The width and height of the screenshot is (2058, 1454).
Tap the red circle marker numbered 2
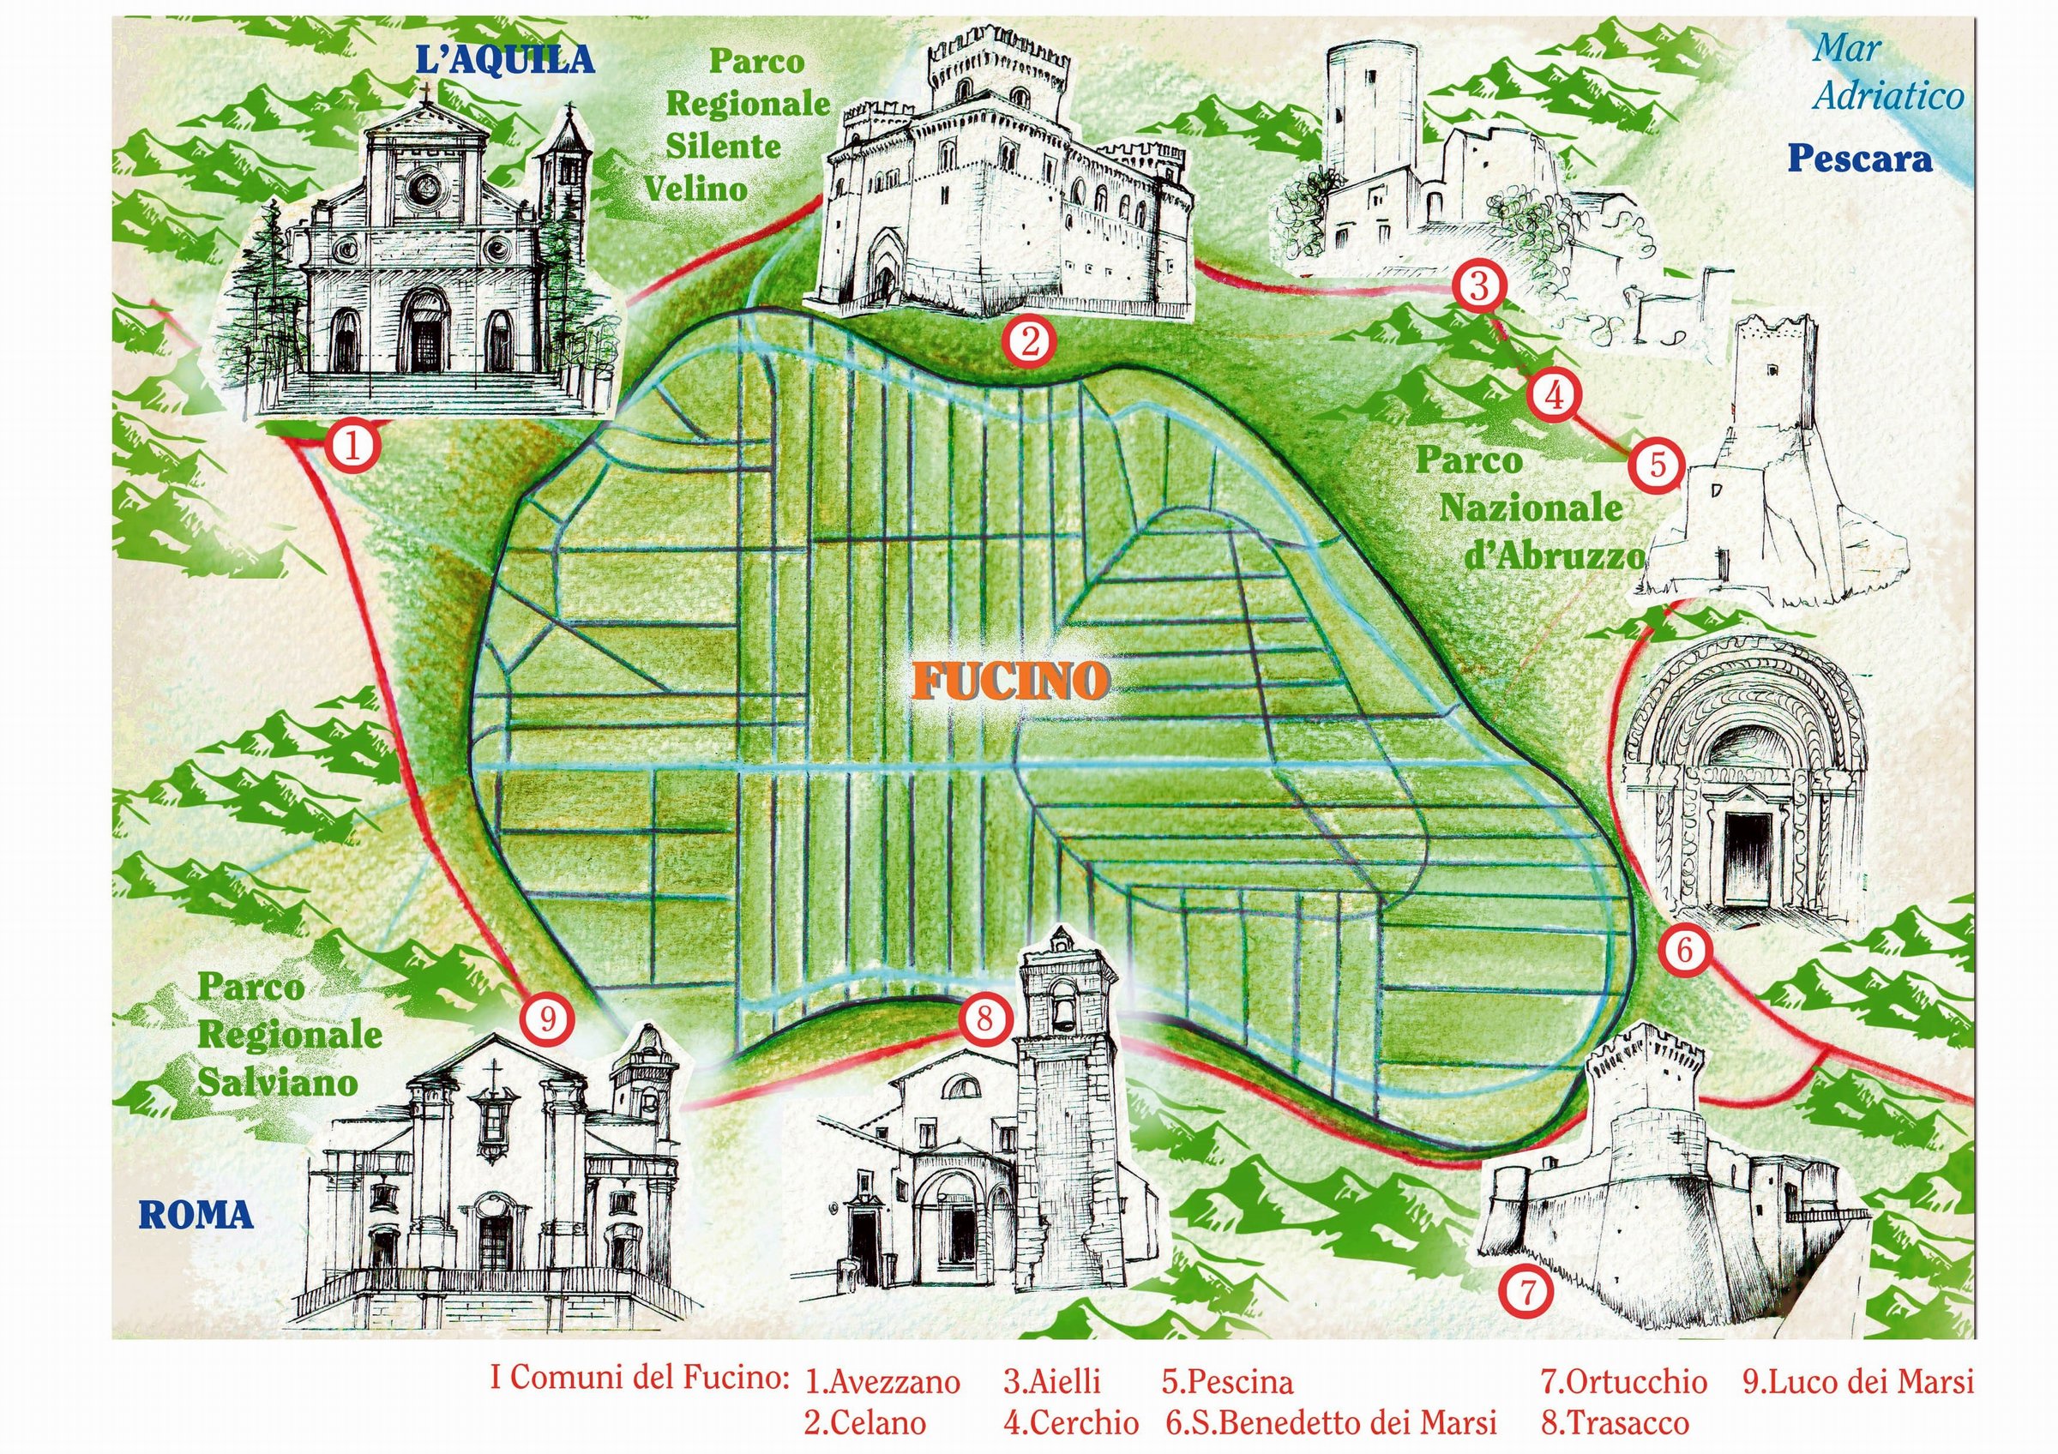coord(1028,341)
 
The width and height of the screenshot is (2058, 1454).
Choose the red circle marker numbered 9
coord(548,1017)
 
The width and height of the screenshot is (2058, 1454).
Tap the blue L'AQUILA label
coord(505,61)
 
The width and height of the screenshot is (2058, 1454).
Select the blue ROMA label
coord(196,1216)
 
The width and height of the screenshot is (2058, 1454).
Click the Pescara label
coord(1860,160)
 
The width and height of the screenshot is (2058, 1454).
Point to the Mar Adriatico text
coord(1885,72)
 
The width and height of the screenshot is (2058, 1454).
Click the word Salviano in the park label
coord(278,1083)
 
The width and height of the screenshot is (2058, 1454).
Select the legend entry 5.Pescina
coord(1228,1382)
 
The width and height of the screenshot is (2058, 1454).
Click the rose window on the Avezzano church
coord(423,186)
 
